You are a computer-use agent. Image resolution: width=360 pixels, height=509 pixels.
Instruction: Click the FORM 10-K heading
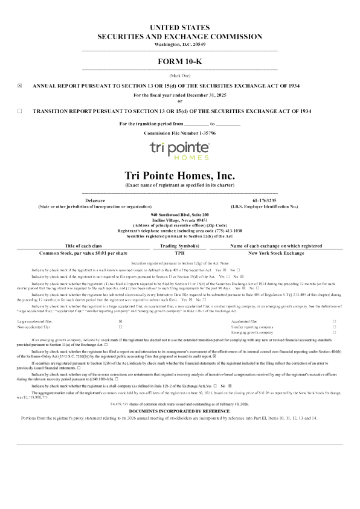179,62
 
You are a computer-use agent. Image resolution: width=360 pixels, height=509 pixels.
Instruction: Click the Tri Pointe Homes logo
179,151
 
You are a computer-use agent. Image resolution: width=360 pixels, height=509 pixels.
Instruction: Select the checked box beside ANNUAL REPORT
19,86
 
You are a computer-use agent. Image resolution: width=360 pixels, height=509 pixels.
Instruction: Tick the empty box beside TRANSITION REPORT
19,111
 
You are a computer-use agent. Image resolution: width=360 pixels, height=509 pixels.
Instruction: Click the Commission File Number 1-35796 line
179,132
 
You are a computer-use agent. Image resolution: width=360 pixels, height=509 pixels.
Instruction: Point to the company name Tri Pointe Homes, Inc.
179,175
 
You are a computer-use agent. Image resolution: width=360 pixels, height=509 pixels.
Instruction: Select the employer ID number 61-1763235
264,200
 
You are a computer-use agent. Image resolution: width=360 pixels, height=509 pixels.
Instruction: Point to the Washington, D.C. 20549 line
179,45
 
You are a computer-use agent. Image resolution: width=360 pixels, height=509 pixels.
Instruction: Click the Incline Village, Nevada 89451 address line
179,220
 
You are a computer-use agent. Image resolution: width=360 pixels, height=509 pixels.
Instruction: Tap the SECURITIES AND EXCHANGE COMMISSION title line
179,37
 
